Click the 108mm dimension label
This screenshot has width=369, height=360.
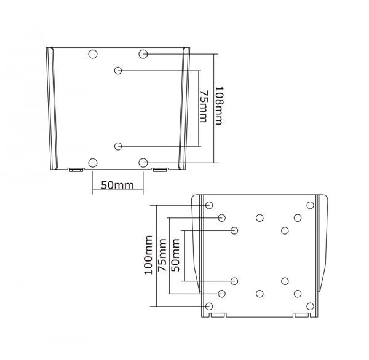tap(218, 106)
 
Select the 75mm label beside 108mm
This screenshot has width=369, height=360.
tap(204, 106)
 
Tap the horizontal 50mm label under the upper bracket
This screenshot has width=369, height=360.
tap(117, 184)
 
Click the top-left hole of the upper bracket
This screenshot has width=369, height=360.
tap(93, 54)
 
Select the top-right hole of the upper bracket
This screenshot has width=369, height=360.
tap(143, 54)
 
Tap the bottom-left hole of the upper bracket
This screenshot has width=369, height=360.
tap(93, 163)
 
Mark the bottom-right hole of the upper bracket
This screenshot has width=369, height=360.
tap(143, 163)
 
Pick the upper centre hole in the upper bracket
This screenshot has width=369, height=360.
tap(118, 71)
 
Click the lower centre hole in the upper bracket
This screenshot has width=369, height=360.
tap(118, 146)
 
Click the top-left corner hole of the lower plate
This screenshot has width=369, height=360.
tap(209, 205)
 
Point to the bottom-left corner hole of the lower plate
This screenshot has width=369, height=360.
tap(209, 306)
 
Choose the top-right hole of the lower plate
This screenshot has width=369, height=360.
tap(309, 205)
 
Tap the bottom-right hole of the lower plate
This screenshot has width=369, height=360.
tap(309, 306)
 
